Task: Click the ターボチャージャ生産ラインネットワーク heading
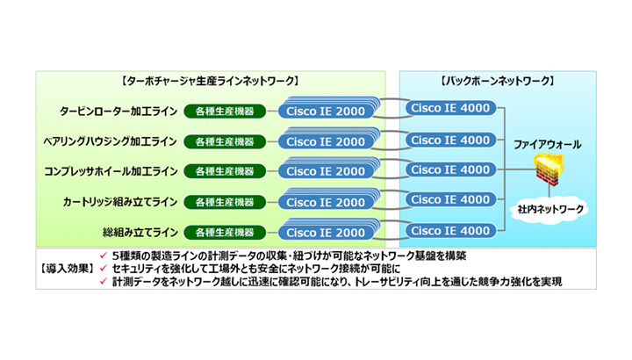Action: [210, 82]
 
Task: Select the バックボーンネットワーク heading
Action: [498, 82]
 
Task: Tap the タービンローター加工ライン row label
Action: [118, 112]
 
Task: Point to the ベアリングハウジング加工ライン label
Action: [110, 141]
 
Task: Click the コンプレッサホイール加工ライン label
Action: [111, 171]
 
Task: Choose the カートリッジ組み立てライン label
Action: [120, 202]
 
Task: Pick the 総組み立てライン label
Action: [140, 233]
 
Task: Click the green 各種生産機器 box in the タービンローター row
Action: [225, 112]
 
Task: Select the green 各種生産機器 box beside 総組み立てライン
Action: [225, 233]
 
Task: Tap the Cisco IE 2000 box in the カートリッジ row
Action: [326, 202]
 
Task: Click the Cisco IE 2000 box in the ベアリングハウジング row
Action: [326, 141]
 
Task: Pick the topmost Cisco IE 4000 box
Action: [450, 108]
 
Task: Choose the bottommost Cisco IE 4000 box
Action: [450, 231]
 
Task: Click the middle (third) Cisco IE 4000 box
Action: [450, 169]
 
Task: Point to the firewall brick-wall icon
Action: [549, 169]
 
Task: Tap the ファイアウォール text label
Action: [548, 144]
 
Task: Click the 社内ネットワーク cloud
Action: [549, 209]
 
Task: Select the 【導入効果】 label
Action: [67, 269]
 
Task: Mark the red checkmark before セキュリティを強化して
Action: [104, 268]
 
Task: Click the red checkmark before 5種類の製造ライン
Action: [104, 256]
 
